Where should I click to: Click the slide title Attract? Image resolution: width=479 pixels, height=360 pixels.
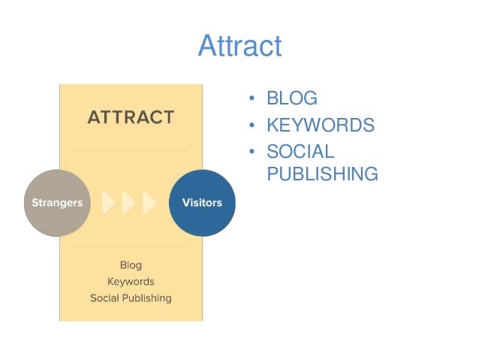point(239,47)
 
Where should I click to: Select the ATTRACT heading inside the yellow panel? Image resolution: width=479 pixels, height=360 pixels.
point(131,118)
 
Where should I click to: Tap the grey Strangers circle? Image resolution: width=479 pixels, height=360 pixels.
point(57,203)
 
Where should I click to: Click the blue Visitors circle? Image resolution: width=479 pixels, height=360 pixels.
point(202,203)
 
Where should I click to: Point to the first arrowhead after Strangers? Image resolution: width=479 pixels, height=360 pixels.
point(108,203)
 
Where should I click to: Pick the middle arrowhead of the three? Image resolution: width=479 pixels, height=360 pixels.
point(128,203)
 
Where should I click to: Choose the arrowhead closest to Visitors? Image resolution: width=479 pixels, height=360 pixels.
point(149,203)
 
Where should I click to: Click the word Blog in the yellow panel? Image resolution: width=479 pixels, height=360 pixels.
point(131,265)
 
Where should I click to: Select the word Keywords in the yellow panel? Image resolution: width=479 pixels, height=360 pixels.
point(131,282)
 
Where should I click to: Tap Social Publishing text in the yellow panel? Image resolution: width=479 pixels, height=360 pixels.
point(131,298)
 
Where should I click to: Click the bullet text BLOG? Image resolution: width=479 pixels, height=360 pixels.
point(292,99)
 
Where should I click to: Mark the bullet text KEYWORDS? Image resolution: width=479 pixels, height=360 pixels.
point(320,126)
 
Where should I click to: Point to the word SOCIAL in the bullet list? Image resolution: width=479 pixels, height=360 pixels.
point(300,151)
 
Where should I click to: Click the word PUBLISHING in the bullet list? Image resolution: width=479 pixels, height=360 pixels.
point(322,175)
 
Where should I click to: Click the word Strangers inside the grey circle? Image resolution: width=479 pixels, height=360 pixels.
point(57,203)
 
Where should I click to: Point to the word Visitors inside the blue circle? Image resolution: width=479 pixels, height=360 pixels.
point(202,203)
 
